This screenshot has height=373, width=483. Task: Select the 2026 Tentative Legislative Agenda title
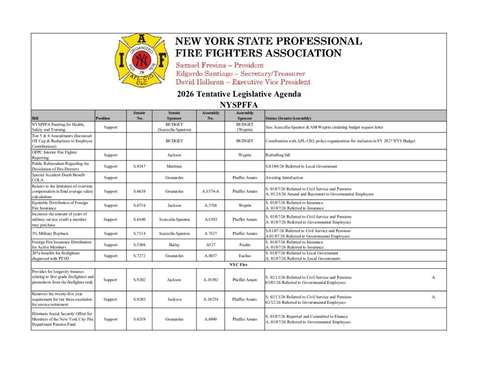(239, 94)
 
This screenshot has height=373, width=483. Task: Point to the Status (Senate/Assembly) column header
(288, 118)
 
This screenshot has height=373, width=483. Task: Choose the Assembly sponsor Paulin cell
(245, 245)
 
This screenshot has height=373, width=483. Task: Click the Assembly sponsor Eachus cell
(245, 256)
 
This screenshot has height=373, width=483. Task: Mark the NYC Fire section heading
(239, 265)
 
